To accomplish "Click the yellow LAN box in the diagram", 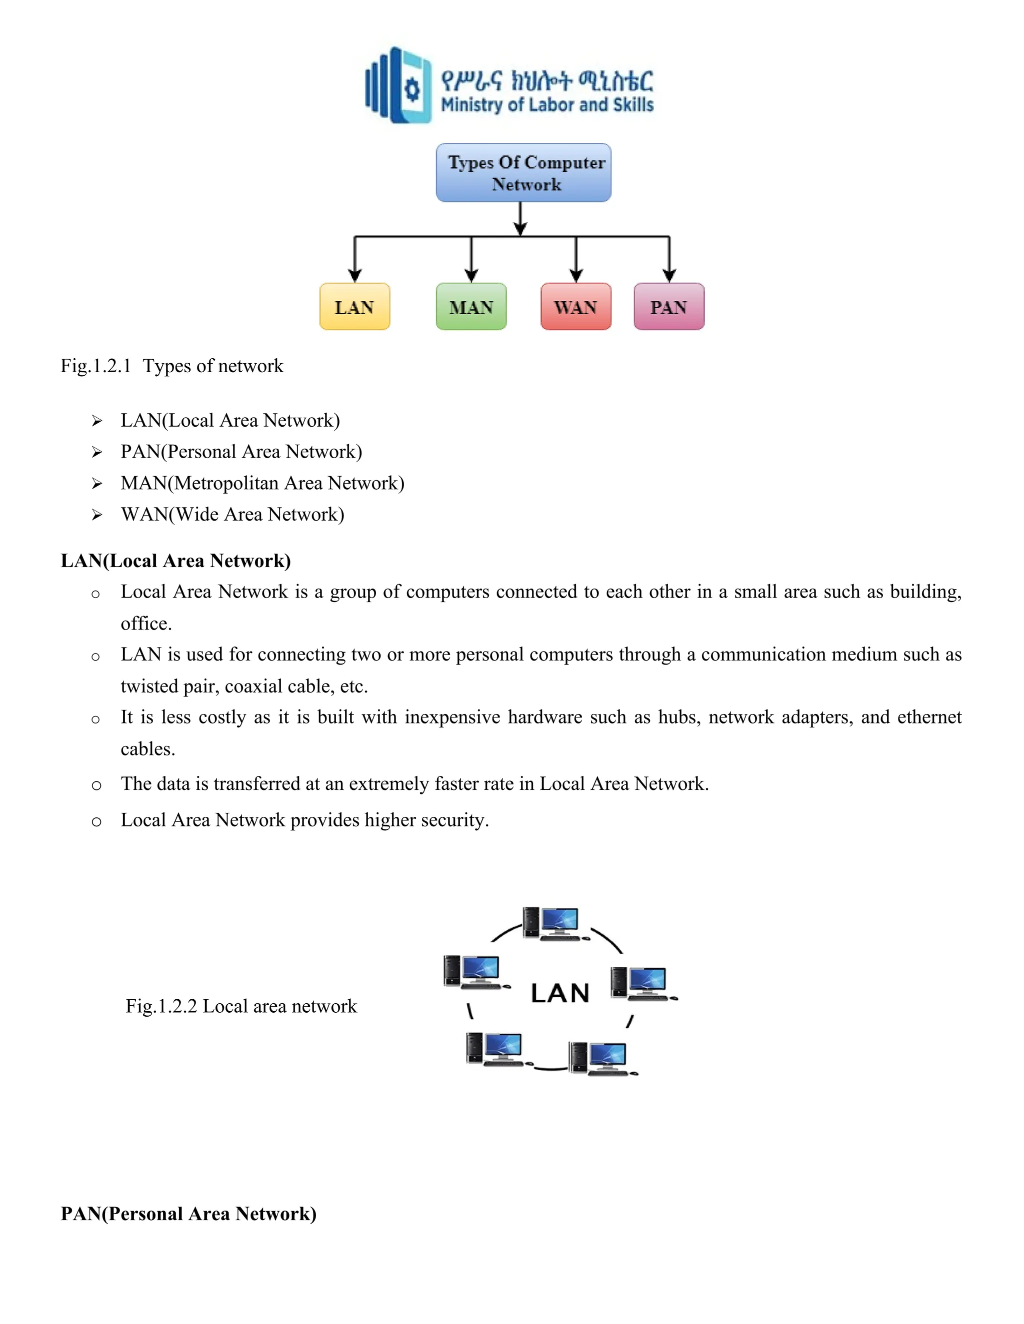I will pos(354,307).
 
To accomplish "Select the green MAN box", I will pos(470,307).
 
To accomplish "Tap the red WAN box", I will pos(575,307).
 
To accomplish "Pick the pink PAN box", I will pos(668,307).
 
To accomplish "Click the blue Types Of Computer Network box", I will pos(523,173).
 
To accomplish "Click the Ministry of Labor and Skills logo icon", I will pos(398,85).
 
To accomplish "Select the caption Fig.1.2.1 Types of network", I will pos(171,366).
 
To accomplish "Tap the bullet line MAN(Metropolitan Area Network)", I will pos(262,483).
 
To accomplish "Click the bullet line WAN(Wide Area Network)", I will pos(232,515).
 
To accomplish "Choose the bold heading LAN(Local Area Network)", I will pos(175,561).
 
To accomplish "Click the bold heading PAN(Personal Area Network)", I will pos(188,1214).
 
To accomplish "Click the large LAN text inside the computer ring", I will pos(560,994).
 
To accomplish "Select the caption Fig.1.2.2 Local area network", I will pos(241,1006).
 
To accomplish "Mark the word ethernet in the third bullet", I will pos(929,717).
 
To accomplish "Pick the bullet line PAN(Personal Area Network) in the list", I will pos(241,452).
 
